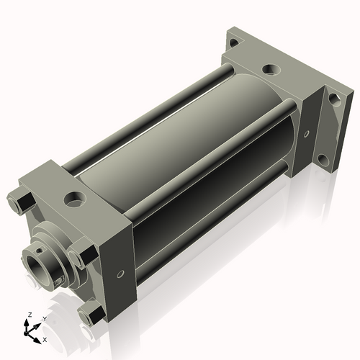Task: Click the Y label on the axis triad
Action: click(x=43, y=318)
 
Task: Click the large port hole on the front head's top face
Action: click(x=74, y=197)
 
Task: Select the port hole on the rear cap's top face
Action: click(x=269, y=70)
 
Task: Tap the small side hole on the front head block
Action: click(x=120, y=274)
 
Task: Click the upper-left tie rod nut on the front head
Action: click(x=22, y=198)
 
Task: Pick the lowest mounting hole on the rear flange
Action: click(x=326, y=159)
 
